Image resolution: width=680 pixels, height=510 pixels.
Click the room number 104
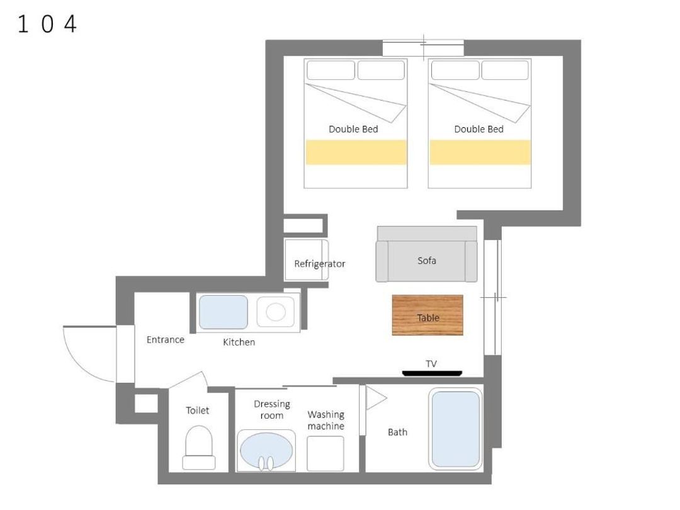click(x=47, y=24)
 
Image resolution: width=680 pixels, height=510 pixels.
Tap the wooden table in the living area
click(x=428, y=315)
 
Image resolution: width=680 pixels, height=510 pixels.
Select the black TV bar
click(x=432, y=373)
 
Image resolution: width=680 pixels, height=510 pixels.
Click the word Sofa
click(x=427, y=261)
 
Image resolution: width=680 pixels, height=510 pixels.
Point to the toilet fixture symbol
click(x=198, y=448)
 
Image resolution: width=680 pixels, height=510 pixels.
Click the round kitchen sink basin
click(x=275, y=312)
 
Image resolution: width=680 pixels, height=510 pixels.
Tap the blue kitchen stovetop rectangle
click(x=224, y=312)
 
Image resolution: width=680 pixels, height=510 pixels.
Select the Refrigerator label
click(x=320, y=264)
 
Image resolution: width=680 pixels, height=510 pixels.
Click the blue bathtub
click(x=455, y=429)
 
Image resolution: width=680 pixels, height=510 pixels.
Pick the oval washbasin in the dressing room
click(x=266, y=451)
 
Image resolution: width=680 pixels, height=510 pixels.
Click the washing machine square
click(x=326, y=453)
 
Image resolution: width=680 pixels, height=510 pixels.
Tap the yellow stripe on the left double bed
click(x=356, y=152)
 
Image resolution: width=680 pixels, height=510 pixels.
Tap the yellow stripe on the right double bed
click(x=480, y=152)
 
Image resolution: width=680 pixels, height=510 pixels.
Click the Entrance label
click(x=165, y=339)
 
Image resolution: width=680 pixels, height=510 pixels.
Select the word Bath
click(x=397, y=433)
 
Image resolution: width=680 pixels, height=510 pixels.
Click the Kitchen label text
click(x=239, y=342)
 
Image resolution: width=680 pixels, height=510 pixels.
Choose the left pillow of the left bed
click(x=331, y=71)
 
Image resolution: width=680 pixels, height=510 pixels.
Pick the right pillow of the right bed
click(x=505, y=71)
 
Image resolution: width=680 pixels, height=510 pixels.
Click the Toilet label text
click(x=197, y=411)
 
